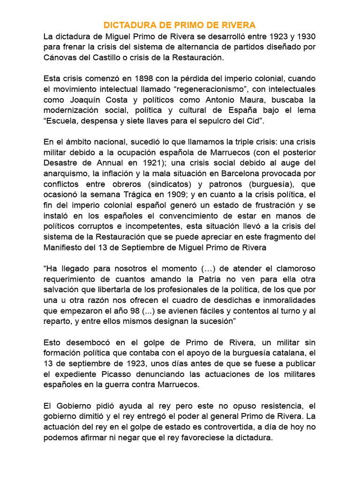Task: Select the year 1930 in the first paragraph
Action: point(306,36)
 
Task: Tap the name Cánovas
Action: point(61,57)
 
